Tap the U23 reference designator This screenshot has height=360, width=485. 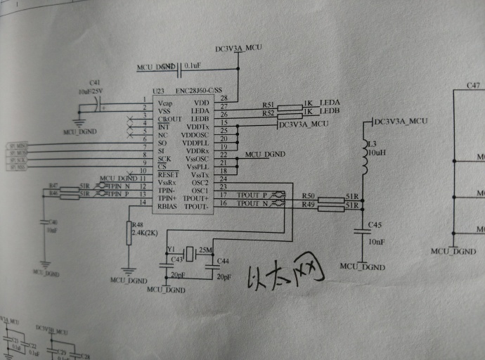[x=158, y=91]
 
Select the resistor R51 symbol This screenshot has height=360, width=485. [x=290, y=107]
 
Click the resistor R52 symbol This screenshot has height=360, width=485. [x=290, y=114]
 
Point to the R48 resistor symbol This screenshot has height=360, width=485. [x=129, y=233]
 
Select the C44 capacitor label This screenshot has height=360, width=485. [x=223, y=262]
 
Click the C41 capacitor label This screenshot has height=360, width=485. [x=94, y=83]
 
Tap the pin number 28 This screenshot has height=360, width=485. [x=224, y=98]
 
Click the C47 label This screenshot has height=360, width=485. [x=473, y=86]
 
